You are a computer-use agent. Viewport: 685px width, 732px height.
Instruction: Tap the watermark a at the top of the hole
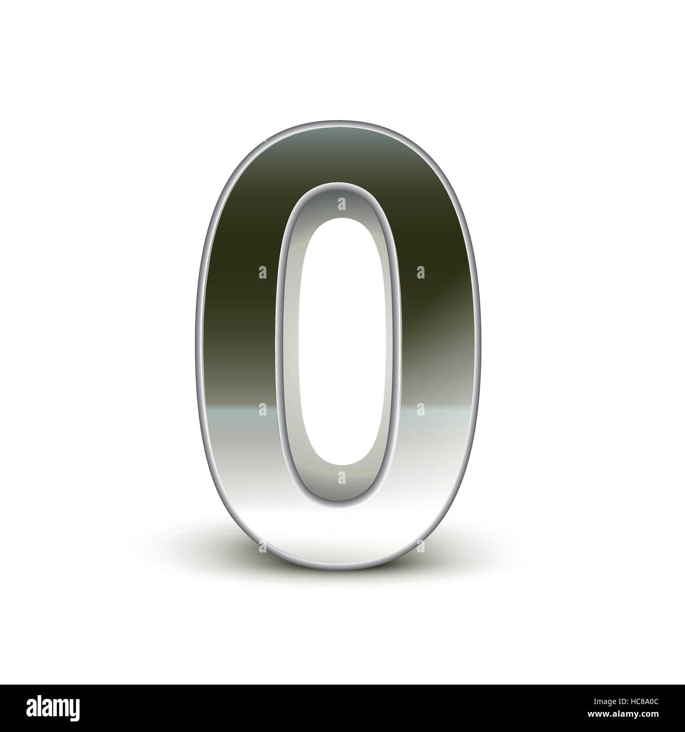coord(341,202)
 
